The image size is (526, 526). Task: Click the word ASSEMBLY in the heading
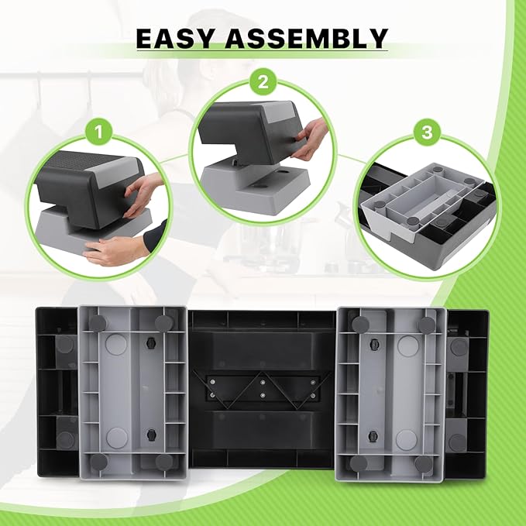[307, 38]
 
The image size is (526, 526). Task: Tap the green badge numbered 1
[98, 132]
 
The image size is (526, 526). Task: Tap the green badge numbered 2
[263, 81]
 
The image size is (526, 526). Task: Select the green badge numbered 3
[427, 132]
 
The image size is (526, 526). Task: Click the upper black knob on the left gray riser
[151, 343]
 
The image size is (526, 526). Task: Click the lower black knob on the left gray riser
[152, 435]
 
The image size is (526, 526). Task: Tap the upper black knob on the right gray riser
[374, 344]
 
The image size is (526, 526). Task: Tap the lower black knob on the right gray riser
[373, 436]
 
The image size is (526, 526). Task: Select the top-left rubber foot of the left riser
[98, 323]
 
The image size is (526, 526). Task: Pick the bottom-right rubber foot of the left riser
[164, 462]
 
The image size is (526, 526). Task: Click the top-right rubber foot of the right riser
[427, 325]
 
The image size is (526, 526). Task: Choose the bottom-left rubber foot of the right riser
[359, 463]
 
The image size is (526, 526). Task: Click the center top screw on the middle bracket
[263, 382]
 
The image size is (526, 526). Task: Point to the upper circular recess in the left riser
[116, 345]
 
